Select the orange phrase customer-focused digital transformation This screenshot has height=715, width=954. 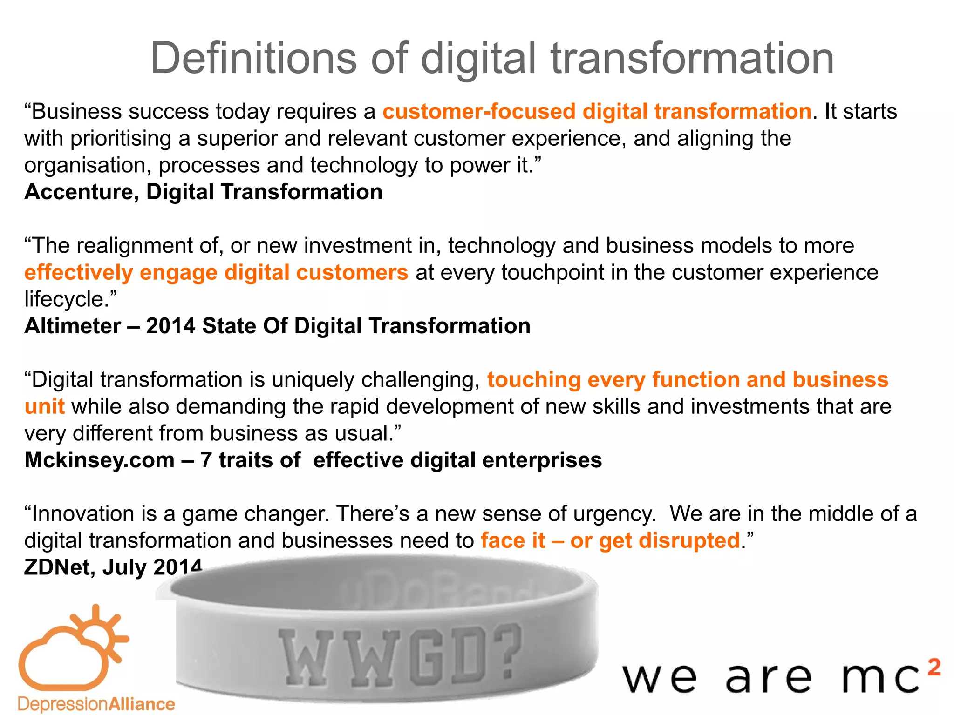point(597,112)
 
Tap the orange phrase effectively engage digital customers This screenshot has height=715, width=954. point(216,273)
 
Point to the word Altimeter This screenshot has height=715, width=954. point(73,326)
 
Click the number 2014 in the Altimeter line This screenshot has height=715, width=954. point(170,326)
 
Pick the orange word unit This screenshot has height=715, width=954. point(44,407)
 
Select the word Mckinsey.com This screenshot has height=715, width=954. point(99,460)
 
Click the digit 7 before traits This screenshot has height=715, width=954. point(206,460)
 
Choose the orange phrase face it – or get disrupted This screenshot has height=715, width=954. point(610,541)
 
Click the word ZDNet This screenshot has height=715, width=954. point(60,567)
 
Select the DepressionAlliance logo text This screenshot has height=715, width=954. point(96,704)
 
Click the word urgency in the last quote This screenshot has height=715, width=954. point(614,514)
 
